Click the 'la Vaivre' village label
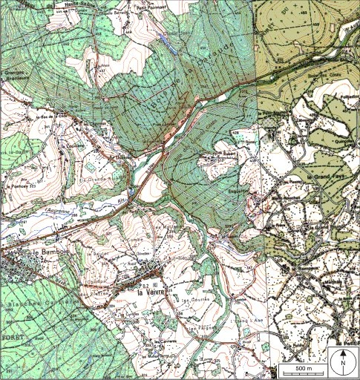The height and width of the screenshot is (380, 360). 148,292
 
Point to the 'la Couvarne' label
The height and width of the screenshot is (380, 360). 89,146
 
